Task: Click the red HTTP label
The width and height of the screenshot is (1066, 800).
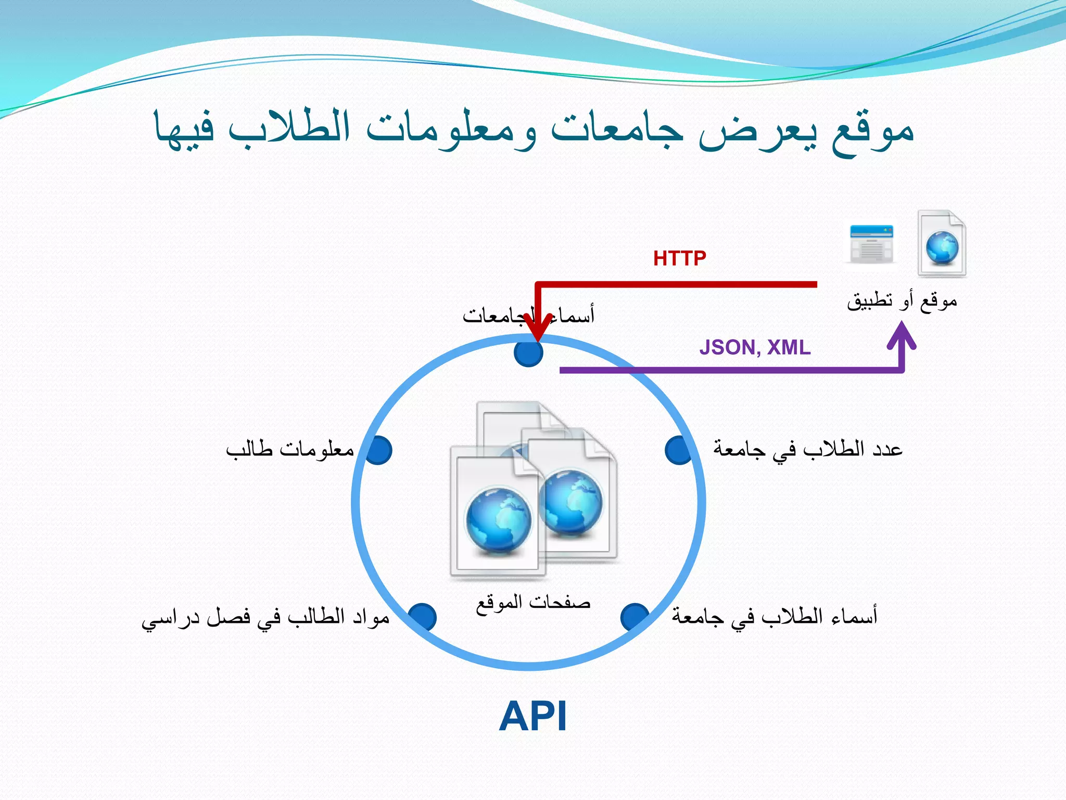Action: [679, 258]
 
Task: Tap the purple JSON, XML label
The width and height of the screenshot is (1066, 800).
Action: [754, 347]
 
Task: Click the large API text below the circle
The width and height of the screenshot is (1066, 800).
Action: [532, 717]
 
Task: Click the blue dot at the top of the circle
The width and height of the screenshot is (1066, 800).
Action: [528, 353]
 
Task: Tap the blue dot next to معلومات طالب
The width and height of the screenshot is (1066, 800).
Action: [378, 450]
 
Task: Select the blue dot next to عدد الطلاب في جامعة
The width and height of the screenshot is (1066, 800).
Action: [679, 450]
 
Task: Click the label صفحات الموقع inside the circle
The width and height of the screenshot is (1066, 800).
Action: [533, 603]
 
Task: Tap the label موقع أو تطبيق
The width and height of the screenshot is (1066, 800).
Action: [902, 301]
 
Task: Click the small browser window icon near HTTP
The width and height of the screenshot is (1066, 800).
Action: [871, 244]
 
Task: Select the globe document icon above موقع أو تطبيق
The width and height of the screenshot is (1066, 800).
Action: [942, 244]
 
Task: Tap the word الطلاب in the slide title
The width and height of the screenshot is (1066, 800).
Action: [289, 128]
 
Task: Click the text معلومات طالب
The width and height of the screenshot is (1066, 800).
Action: [290, 449]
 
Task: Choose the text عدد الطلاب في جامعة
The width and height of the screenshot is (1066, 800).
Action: [807, 449]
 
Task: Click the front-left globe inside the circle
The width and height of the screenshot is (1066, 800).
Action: [498, 520]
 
